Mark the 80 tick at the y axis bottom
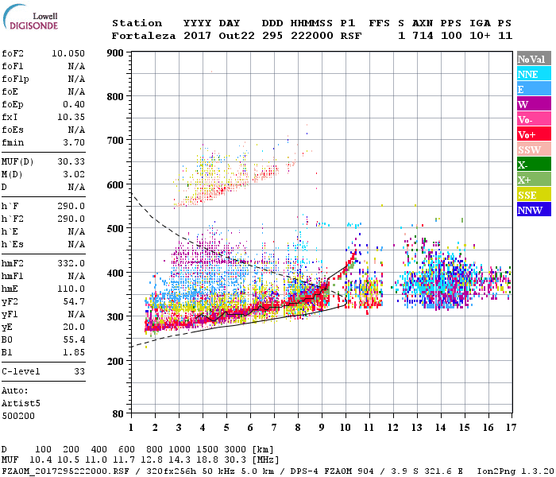[118, 414]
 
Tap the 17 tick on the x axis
[510, 428]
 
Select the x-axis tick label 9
[322, 428]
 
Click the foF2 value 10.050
[68, 52]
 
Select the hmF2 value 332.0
[71, 262]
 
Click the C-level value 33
[79, 371]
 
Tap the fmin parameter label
[13, 142]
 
